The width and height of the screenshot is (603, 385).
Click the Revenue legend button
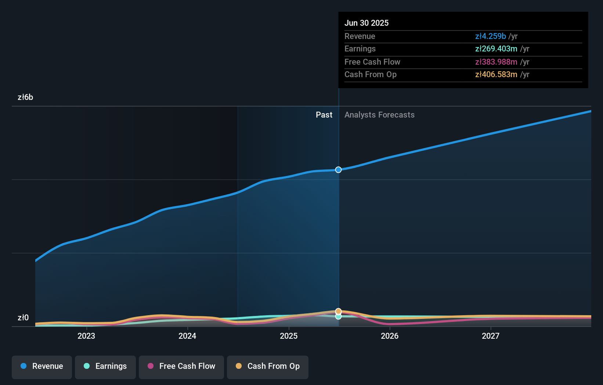click(42, 366)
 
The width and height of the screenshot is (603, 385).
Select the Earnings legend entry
click(105, 366)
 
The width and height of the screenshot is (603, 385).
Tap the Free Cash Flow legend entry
click(181, 366)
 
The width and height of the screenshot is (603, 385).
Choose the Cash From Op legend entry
click(268, 366)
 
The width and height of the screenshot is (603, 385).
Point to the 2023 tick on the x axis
click(86, 336)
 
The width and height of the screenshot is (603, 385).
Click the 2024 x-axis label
click(187, 336)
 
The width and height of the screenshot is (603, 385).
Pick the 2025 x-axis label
click(289, 336)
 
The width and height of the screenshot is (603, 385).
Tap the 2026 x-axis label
click(390, 336)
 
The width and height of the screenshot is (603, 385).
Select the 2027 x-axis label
click(491, 336)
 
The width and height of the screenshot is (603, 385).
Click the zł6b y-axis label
click(25, 97)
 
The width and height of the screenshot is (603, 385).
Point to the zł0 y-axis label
click(23, 318)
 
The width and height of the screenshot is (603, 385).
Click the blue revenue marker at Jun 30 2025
click(338, 170)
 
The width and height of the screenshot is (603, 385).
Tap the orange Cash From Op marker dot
click(338, 311)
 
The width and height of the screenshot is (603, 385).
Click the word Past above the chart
click(324, 115)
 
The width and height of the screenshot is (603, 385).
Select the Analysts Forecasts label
click(379, 115)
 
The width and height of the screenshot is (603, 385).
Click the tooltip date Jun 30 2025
click(367, 23)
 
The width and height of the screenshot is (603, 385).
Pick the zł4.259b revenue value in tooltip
click(490, 36)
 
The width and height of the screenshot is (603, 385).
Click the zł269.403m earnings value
click(496, 49)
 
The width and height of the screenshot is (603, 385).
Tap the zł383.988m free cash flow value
click(496, 62)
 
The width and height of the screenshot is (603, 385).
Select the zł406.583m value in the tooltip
click(496, 75)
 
